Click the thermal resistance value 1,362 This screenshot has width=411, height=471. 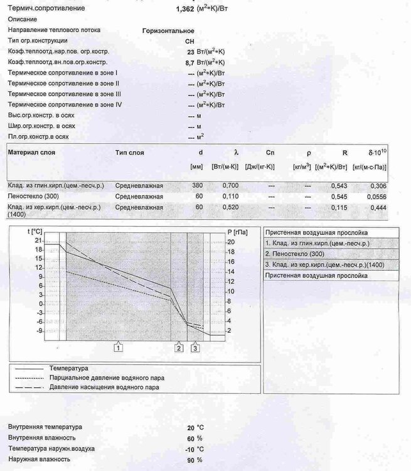pyautogui.click(x=186, y=9)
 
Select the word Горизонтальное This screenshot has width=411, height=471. pyautogui.click(x=169, y=30)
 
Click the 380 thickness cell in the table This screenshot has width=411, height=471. pyautogui.click(x=198, y=186)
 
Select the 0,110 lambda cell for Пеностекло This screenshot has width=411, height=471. pyautogui.click(x=232, y=196)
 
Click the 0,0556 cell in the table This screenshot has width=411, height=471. pyautogui.click(x=376, y=196)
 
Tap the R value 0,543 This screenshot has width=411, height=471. pyautogui.click(x=339, y=186)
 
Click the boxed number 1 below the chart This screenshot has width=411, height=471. pyautogui.click(x=117, y=347)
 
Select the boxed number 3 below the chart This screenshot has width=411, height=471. pyautogui.click(x=195, y=347)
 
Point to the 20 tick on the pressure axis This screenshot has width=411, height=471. pyautogui.click(x=232, y=242)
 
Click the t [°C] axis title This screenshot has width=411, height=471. pyautogui.click(x=35, y=231)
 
